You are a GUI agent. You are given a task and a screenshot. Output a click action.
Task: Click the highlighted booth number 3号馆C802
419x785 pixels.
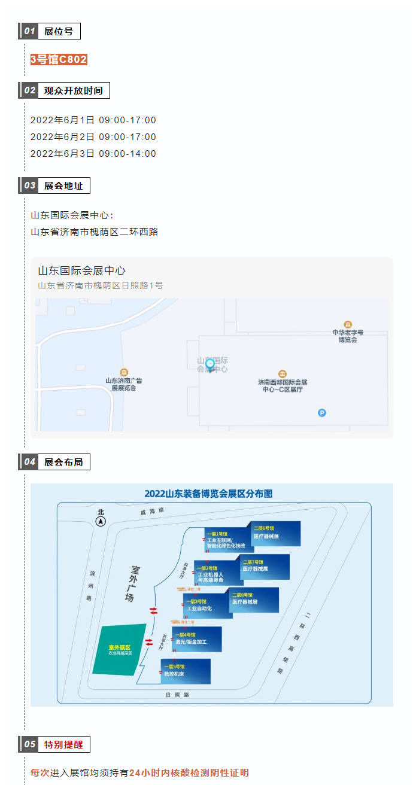click(x=59, y=59)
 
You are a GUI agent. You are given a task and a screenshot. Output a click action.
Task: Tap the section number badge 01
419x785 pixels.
click(x=29, y=32)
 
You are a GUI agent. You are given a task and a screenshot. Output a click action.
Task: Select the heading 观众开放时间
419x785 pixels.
click(x=73, y=91)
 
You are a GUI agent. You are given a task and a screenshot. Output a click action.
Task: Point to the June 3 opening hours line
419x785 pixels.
click(x=93, y=154)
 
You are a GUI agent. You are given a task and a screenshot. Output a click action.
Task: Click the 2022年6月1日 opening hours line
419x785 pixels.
click(x=93, y=120)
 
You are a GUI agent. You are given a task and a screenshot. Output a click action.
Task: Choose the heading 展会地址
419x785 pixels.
click(x=63, y=185)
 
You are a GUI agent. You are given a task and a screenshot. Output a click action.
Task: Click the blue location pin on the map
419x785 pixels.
click(x=210, y=364)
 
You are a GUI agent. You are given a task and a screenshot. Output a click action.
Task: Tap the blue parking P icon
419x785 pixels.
click(x=322, y=412)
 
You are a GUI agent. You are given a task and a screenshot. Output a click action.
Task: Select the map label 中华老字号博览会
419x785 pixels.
click(x=348, y=336)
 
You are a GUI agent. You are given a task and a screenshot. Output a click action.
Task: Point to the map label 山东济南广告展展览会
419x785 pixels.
click(x=124, y=384)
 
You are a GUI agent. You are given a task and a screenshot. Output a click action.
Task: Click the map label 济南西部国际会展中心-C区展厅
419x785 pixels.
click(x=283, y=385)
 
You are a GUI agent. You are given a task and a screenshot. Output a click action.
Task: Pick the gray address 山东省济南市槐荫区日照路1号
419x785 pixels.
click(x=101, y=285)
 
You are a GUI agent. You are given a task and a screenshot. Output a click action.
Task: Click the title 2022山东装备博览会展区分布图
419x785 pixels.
click(x=208, y=494)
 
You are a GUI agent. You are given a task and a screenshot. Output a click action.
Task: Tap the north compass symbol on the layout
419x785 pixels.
click(x=101, y=521)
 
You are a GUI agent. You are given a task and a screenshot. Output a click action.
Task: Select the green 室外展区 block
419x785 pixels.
click(x=120, y=650)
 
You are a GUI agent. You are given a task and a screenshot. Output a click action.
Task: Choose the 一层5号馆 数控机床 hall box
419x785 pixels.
click(x=186, y=671)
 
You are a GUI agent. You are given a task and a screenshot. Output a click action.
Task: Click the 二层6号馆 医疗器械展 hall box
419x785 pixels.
click(x=276, y=534)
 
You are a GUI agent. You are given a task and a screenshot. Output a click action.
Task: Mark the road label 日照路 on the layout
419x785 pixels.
click(x=177, y=695)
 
